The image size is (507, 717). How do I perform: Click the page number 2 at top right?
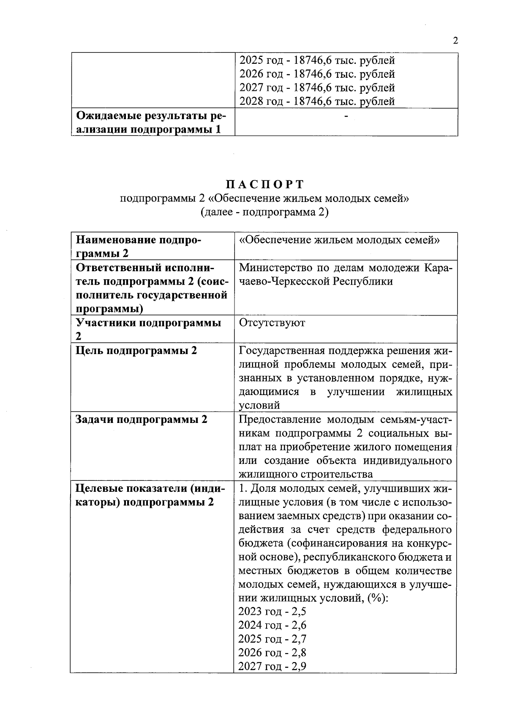[455, 41]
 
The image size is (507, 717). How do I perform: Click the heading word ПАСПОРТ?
[264, 185]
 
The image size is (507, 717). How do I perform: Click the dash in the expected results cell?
[346, 115]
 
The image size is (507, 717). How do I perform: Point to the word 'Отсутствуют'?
[272, 323]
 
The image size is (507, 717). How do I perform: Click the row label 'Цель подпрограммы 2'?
[136, 351]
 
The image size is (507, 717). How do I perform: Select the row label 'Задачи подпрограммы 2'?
[142, 420]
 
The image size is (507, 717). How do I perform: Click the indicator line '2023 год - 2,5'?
[272, 611]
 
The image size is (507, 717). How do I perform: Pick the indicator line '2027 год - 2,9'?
[272, 666]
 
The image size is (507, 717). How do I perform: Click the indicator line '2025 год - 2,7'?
[272, 639]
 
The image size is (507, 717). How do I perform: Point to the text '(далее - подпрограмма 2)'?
[264, 212]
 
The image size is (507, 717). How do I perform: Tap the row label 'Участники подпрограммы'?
[148, 323]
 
